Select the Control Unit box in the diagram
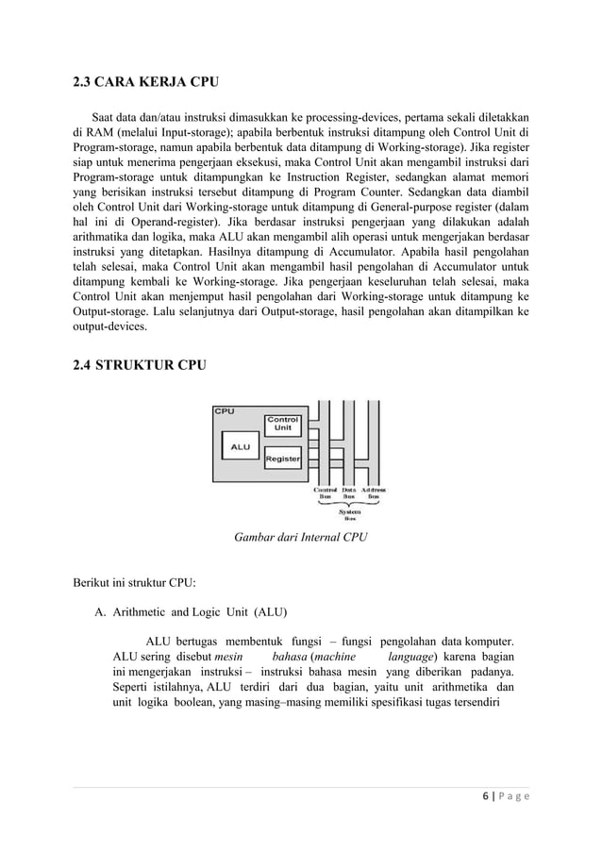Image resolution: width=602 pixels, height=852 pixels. [x=282, y=424]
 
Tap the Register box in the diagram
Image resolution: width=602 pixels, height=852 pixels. [x=282, y=459]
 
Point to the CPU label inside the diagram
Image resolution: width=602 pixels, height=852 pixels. [x=225, y=411]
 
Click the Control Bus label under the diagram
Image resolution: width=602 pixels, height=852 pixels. [x=325, y=493]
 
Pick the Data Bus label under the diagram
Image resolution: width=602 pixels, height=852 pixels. [x=348, y=493]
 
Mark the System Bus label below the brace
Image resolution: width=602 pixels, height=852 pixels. [x=349, y=514]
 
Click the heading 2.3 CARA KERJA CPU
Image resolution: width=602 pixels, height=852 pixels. [x=146, y=83]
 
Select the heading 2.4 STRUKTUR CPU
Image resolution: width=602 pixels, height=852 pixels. [x=139, y=364]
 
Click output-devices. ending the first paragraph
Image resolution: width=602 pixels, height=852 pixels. [x=111, y=326]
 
